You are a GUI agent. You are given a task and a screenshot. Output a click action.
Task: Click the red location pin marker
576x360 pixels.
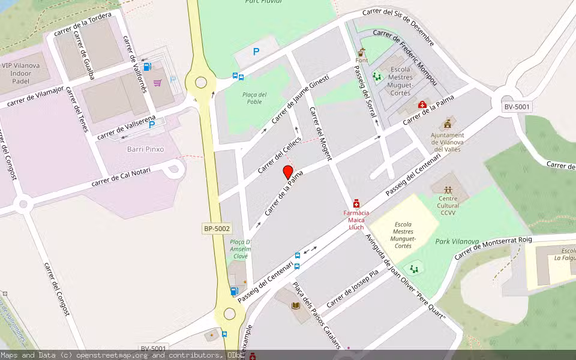pos(288,173)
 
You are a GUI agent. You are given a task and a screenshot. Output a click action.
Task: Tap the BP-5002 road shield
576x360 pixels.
pos(217,229)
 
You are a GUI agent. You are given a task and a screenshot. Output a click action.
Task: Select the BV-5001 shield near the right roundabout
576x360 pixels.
pos(517,106)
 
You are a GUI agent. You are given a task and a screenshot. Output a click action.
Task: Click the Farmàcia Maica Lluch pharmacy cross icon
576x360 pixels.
pos(356,204)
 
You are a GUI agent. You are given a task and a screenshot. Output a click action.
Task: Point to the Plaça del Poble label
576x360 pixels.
pos(254,98)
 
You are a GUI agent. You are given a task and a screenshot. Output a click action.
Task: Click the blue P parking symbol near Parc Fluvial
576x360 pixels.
pos(256,52)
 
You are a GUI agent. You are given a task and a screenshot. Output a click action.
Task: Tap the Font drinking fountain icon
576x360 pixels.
pos(361,52)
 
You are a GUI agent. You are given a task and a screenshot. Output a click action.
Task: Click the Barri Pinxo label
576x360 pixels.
pos(145,149)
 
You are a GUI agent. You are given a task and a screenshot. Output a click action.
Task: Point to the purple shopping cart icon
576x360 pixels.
pos(157,83)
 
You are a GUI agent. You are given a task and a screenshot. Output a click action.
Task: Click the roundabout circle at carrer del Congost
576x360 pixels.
pos(23,204)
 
